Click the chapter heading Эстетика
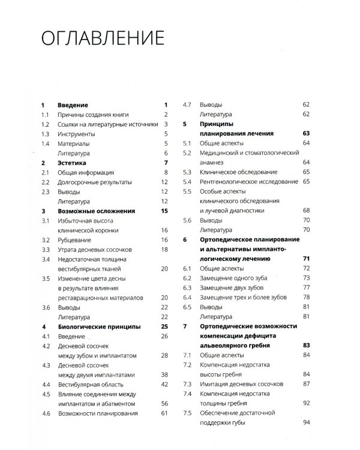click(x=73, y=163)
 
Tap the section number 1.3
click(x=44, y=133)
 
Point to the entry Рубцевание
click(x=75, y=239)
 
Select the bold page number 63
click(x=306, y=133)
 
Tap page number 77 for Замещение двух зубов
click(x=306, y=288)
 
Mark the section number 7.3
click(x=187, y=384)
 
